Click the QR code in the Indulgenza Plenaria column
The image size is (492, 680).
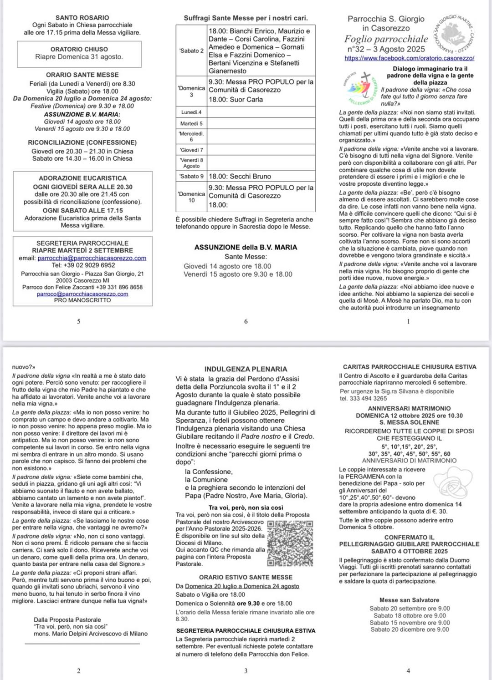290,543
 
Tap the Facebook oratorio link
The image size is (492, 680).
410,58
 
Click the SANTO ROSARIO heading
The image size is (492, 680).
82,18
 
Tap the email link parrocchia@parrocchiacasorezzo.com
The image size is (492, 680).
92,258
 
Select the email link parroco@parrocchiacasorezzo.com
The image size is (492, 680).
82,294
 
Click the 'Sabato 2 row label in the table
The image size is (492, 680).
191,51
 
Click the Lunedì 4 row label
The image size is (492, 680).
191,112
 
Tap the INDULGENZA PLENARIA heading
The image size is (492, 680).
246,369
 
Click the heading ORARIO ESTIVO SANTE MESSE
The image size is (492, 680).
246,577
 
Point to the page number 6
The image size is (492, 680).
246,321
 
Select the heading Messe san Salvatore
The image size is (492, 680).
409,600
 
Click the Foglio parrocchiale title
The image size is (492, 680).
386,39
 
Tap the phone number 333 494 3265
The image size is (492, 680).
364,398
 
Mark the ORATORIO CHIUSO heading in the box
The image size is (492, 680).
79,49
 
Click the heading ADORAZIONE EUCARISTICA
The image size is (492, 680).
82,178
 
